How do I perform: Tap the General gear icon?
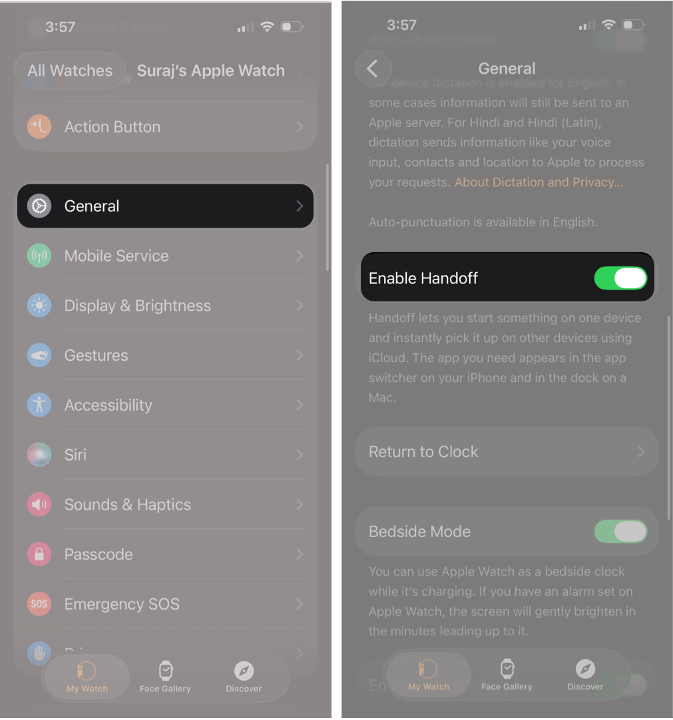(x=39, y=206)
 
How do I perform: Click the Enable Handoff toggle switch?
(x=620, y=278)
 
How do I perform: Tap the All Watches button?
(x=70, y=71)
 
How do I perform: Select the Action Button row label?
(x=112, y=127)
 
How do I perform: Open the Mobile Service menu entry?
(x=116, y=256)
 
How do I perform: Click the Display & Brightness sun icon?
(x=39, y=306)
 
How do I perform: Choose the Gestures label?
(x=96, y=355)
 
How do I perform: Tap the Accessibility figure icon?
(x=39, y=405)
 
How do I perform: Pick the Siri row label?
(x=75, y=455)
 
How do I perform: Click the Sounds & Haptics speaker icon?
(x=39, y=504)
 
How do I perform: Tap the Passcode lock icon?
(x=39, y=554)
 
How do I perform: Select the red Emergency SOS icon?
(x=39, y=604)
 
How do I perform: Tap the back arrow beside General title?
(x=373, y=69)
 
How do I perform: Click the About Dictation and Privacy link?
(x=539, y=182)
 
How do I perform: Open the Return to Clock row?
(x=507, y=452)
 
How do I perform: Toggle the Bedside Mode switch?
(x=620, y=532)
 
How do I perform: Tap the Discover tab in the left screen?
(x=244, y=677)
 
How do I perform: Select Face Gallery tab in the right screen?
(x=507, y=675)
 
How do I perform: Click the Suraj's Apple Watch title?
(x=210, y=71)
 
